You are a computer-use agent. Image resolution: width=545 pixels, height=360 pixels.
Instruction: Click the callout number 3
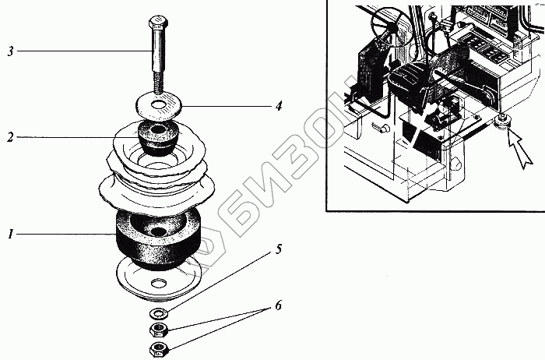10,51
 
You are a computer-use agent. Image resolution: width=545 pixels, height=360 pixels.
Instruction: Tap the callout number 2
10,137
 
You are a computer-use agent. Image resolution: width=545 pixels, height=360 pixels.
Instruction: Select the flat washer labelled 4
159,104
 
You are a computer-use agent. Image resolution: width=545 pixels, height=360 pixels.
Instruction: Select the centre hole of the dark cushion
159,232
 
